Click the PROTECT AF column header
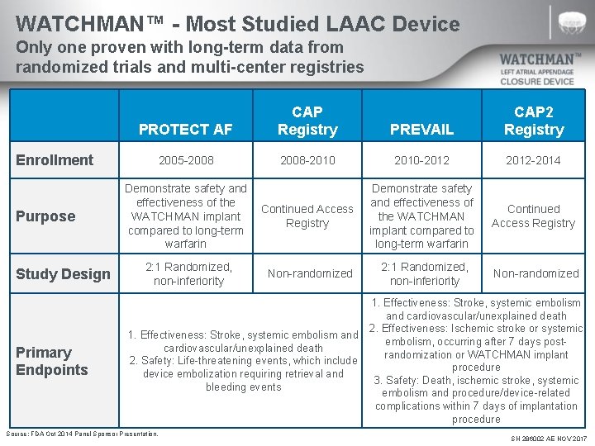(185, 129)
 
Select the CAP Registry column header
(307, 121)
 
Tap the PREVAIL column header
(421, 129)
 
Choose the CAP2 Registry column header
(533, 121)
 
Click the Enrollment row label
(55, 160)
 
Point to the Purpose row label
(45, 216)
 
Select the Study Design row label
(63, 273)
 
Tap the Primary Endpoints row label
(52, 361)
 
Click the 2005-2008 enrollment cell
(185, 160)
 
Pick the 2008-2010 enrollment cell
(307, 160)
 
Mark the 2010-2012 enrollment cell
(421, 160)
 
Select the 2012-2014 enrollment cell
(533, 160)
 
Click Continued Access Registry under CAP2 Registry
(533, 216)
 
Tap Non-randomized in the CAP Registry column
(310, 273)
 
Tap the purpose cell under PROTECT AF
(185, 216)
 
